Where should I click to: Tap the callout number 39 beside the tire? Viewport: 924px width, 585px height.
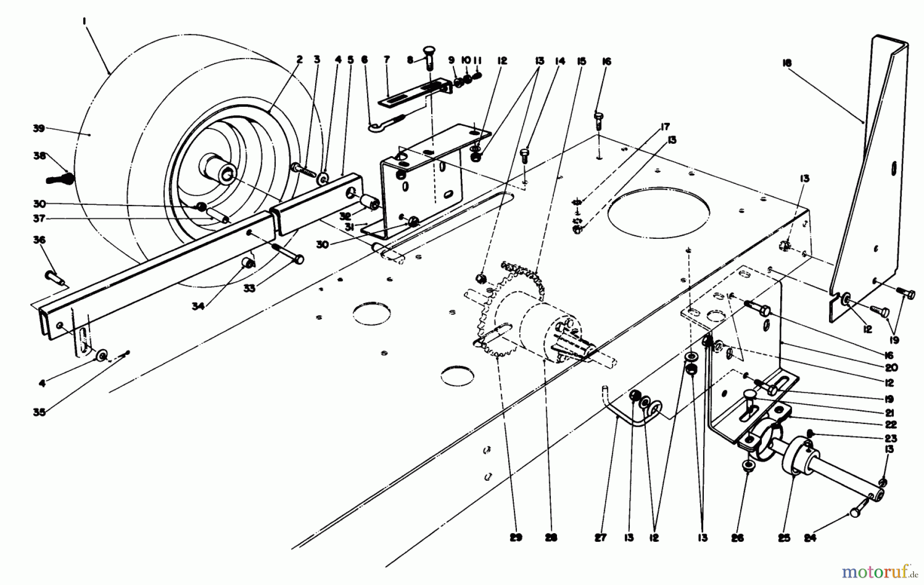coord(39,128)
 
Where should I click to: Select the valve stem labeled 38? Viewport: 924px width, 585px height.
coord(60,179)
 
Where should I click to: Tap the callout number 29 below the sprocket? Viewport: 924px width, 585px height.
coord(516,537)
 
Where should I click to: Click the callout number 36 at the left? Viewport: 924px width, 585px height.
coord(40,240)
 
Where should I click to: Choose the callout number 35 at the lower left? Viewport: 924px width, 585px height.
coord(40,411)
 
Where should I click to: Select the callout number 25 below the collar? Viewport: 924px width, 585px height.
coord(784,538)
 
